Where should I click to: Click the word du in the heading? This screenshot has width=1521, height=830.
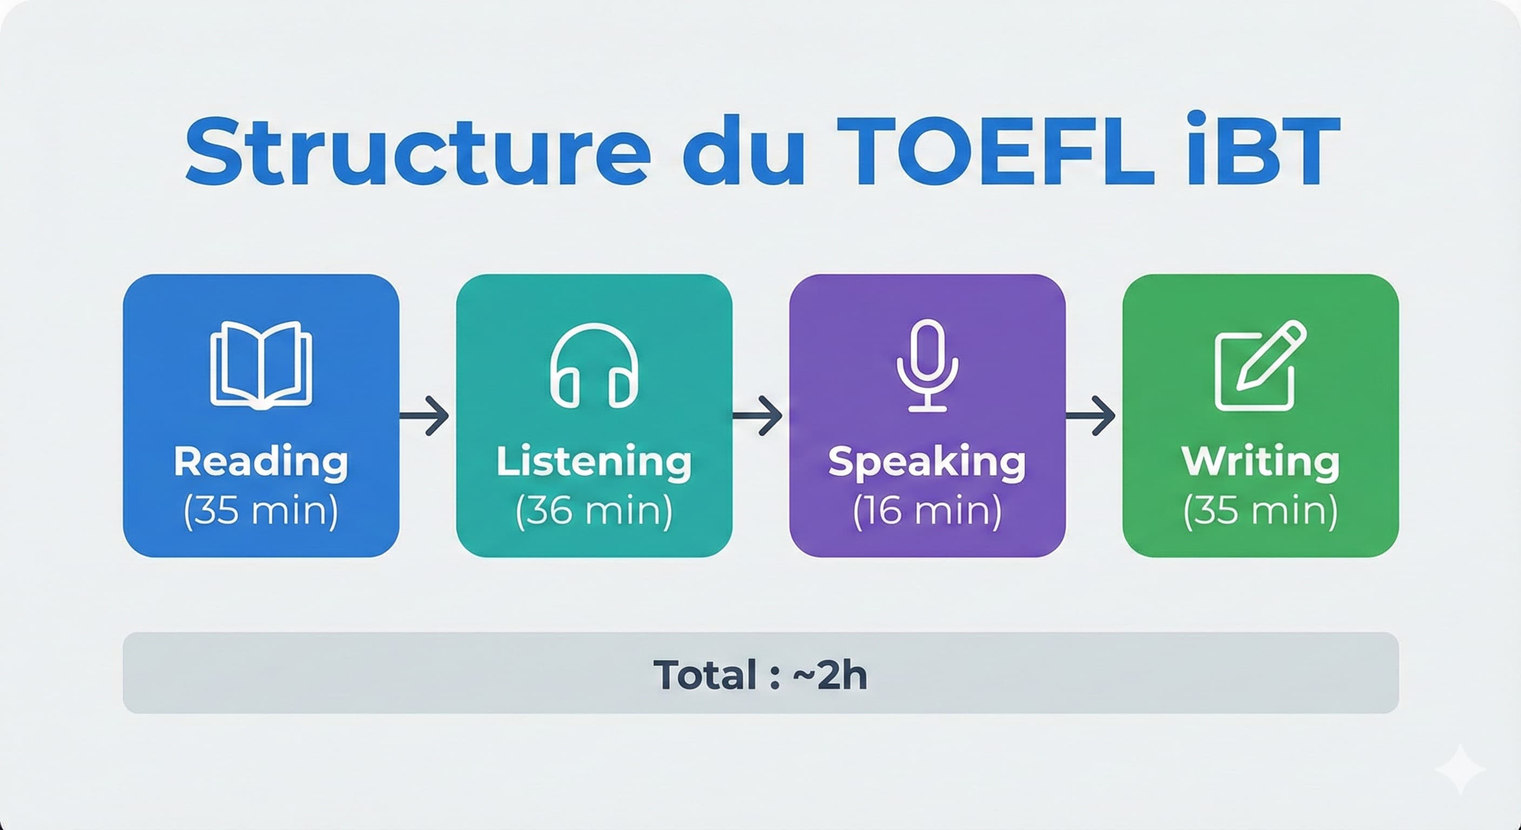743,152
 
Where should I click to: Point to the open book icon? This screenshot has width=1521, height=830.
261,365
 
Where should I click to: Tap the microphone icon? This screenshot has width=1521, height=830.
927,365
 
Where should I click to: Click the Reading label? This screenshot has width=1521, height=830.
261,461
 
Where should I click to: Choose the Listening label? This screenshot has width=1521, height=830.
594,461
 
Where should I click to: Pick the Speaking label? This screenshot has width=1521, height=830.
927,463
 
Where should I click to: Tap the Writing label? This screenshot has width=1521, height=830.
1261,461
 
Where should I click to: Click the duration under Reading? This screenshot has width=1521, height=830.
261,511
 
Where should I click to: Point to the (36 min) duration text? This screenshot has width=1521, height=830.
594,511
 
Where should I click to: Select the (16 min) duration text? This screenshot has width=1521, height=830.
927,511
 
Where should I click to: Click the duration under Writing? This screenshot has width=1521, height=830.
1261,511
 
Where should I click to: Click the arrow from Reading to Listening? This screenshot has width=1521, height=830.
426,417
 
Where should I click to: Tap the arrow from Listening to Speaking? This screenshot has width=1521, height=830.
759,417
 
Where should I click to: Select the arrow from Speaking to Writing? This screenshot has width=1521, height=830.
1092,417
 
